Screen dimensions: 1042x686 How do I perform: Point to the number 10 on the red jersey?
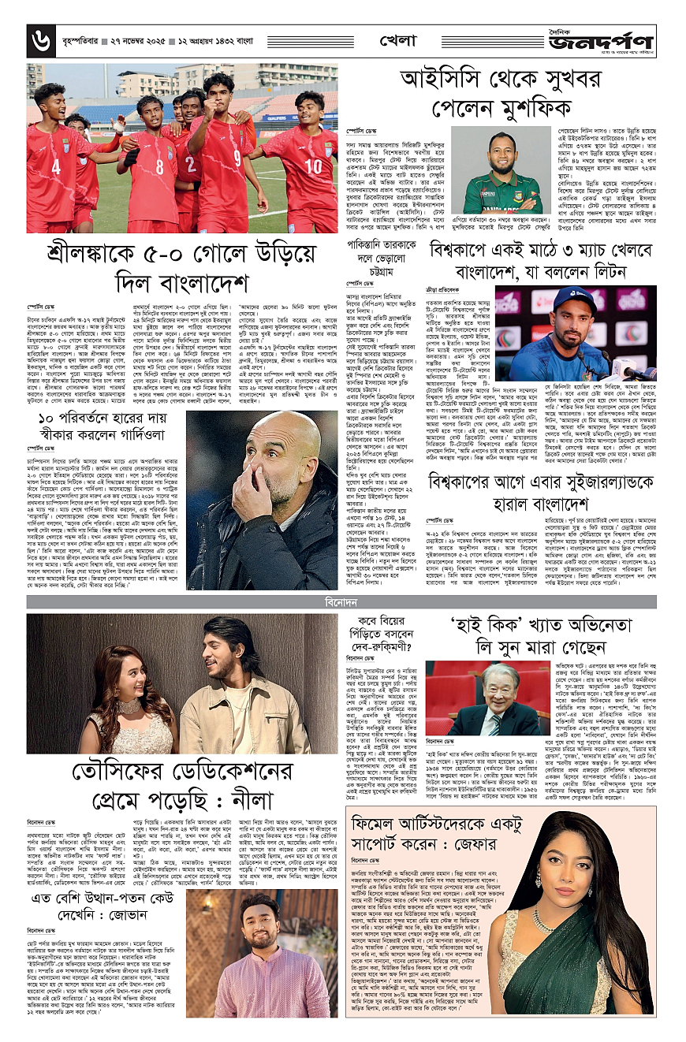(x=312, y=166)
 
